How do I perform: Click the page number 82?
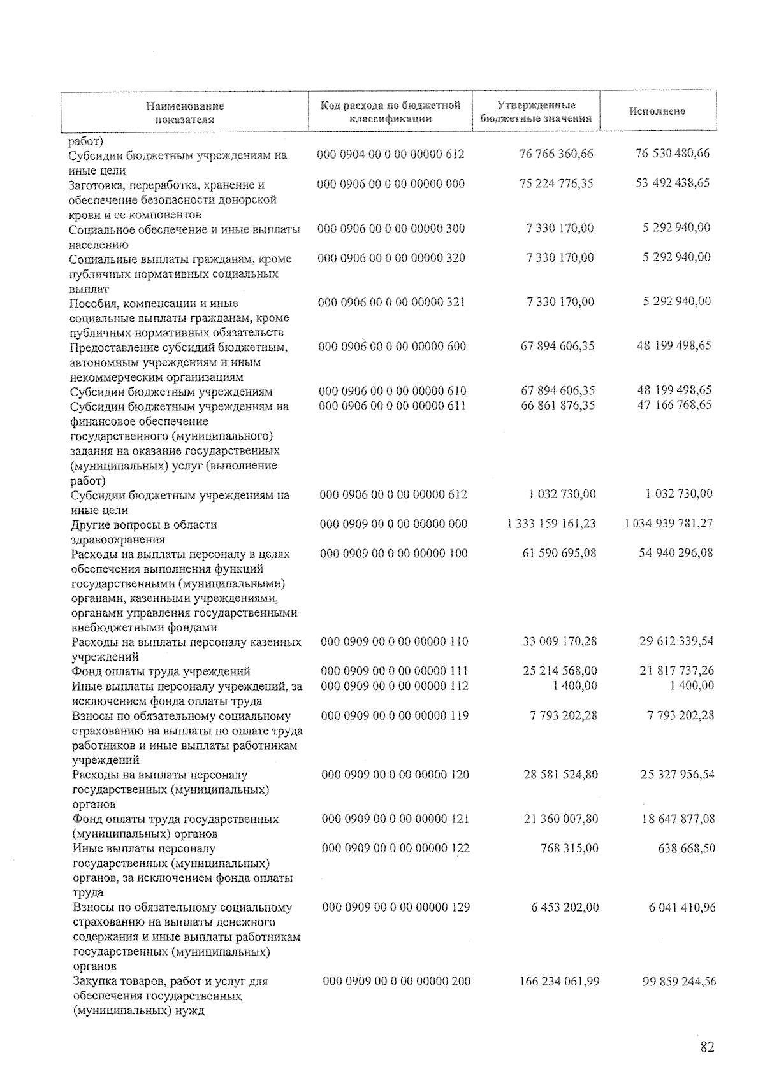pyautogui.click(x=707, y=1047)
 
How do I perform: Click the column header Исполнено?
pyautogui.click(x=657, y=111)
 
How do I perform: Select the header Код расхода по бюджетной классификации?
pyautogui.click(x=390, y=111)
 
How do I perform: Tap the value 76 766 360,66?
pyautogui.click(x=557, y=154)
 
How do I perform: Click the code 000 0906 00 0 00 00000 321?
pyautogui.click(x=391, y=302)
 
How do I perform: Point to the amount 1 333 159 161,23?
pyautogui.click(x=551, y=524)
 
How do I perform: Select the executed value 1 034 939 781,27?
pyautogui.click(x=669, y=524)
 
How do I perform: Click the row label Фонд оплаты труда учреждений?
pyautogui.click(x=161, y=671)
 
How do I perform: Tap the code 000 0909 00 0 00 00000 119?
pyautogui.click(x=395, y=715)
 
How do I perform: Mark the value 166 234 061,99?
pyautogui.click(x=560, y=982)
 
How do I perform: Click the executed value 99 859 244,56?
pyautogui.click(x=679, y=982)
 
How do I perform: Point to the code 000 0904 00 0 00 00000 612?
pyautogui.click(x=391, y=154)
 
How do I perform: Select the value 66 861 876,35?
pyautogui.click(x=558, y=405)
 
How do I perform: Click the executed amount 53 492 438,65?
pyautogui.click(x=673, y=183)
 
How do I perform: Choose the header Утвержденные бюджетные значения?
pyautogui.click(x=535, y=111)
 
